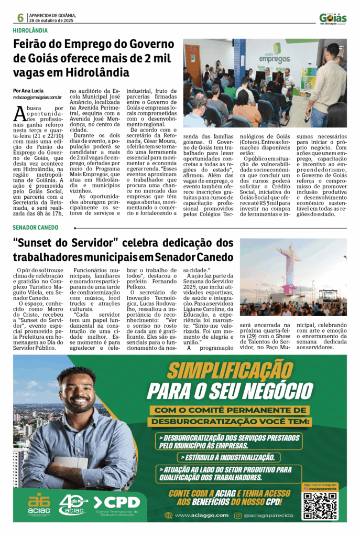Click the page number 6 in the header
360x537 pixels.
click(x=20, y=17)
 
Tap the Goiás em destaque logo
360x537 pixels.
click(x=333, y=19)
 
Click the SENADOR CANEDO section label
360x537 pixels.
click(x=36, y=228)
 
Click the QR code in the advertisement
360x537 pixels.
click(x=319, y=505)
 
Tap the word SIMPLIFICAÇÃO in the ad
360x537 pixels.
click(x=231, y=372)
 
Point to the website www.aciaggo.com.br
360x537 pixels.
click(x=202, y=515)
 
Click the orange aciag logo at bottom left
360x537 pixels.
click(x=39, y=504)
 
